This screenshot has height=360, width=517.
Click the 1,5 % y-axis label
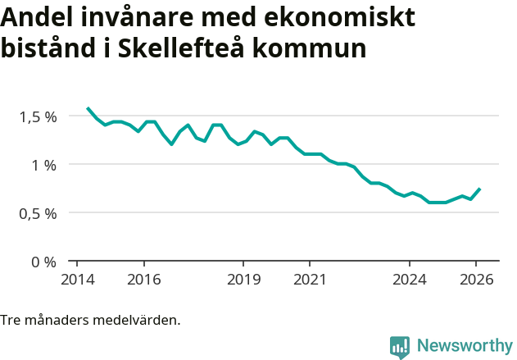(38, 116)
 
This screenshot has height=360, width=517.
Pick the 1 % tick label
(44, 165)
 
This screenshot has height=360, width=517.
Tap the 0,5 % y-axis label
(38, 213)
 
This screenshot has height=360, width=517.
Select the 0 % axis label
(44, 262)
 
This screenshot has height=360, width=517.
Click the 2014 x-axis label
(77, 279)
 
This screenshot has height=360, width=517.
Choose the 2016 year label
(143, 279)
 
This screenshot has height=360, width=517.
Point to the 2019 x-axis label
(243, 279)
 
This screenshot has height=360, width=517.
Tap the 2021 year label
(310, 279)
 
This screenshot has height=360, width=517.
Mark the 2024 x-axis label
(410, 279)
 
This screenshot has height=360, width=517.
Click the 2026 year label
(476, 279)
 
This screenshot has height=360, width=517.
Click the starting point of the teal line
(88, 108)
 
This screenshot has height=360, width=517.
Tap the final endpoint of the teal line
(479, 189)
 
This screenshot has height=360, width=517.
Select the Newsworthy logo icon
(400, 347)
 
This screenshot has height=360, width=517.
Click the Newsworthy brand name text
(464, 346)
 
